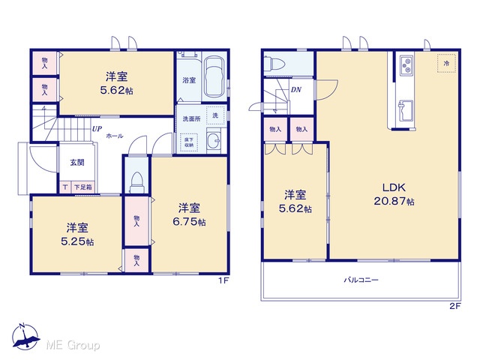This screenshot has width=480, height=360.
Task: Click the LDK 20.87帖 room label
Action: coord(394,194)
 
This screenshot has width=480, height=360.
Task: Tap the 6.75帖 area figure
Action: coord(189,222)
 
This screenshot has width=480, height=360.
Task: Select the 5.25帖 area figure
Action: coord(77,241)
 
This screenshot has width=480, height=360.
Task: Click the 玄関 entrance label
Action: coord(77,163)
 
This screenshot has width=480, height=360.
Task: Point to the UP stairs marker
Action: coord(97,129)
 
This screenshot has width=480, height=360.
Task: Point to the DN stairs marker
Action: coord(296,90)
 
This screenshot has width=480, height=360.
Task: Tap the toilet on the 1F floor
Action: coord(136,183)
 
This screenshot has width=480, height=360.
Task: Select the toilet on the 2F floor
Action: coord(274,64)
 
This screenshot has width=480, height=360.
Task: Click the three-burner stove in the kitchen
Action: coord(406,66)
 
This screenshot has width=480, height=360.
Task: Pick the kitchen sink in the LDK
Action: coord(405,111)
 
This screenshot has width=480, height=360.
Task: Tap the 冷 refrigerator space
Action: coord(447,63)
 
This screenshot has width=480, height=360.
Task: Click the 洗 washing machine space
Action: coord(215,115)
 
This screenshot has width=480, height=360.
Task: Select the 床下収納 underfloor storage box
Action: coord(189,142)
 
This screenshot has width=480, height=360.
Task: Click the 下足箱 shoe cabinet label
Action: coord(83,187)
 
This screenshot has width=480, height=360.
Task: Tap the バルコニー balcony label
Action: coord(361,280)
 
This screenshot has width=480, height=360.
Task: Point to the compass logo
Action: coord(25,337)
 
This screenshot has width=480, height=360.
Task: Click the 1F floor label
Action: coord(223,280)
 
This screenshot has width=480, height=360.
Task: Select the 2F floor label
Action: coord(455,306)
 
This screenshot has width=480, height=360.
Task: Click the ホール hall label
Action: coord(115,136)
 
